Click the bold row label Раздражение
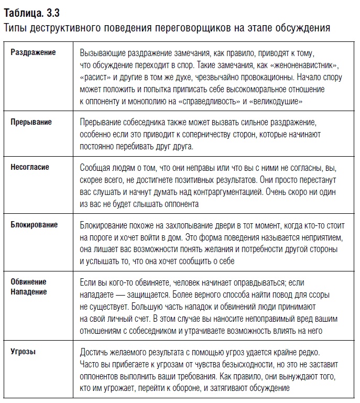pos(33,53)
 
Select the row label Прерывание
pos(31,122)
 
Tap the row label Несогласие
pos(30,167)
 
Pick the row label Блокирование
pos(35,225)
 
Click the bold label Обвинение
pos(29,282)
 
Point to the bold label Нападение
pos(29,292)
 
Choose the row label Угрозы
pos(24,352)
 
